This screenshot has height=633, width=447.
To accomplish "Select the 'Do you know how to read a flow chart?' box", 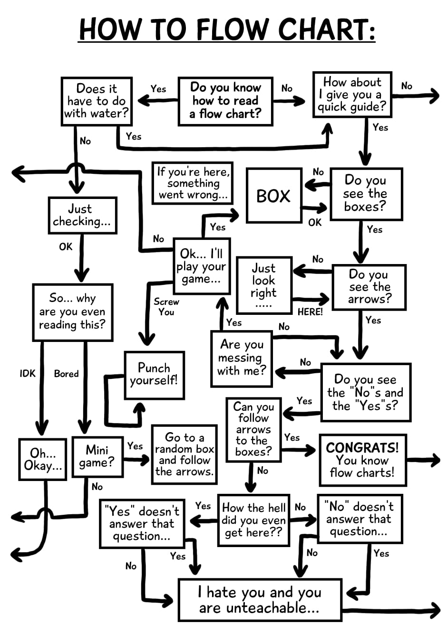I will click(225, 101).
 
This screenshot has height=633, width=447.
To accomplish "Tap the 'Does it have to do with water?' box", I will click(97, 101).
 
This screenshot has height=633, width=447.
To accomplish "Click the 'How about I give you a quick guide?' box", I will click(352, 94).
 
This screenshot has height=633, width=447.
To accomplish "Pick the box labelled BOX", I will click(273, 195).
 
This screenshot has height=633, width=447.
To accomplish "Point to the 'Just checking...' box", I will click(82, 215).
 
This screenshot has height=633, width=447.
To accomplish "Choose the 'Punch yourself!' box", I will click(154, 375).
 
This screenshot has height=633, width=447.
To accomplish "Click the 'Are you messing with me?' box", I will click(242, 358).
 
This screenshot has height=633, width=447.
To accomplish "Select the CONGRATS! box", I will click(362, 460).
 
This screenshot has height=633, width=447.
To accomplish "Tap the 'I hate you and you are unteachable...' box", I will click(260, 600).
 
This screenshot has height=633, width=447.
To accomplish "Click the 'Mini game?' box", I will click(97, 456).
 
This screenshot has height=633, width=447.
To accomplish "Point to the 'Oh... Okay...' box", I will click(43, 459).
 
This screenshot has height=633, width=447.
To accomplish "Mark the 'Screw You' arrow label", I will click(166, 307).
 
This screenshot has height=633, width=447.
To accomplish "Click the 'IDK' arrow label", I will click(28, 373).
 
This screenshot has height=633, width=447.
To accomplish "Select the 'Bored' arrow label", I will click(66, 374).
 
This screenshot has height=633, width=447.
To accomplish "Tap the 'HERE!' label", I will click(310, 312).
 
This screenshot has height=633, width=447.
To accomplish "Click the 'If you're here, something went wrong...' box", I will click(193, 183).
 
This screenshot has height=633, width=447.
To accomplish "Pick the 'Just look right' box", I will click(264, 285).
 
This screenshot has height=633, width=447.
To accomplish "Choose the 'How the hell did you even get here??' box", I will click(253, 520).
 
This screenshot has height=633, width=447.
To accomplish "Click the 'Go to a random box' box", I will click(185, 454).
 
